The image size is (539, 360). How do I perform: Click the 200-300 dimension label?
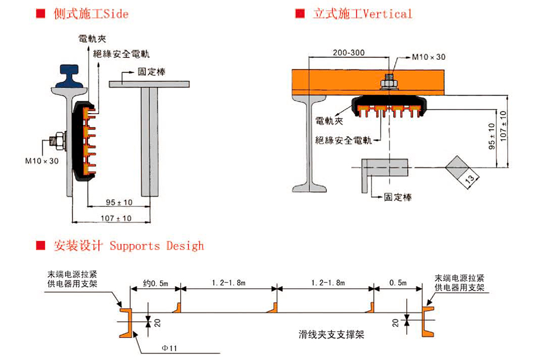tap(348, 52)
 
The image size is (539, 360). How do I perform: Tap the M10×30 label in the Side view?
tap(42, 161)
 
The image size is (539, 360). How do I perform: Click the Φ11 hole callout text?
tap(168, 348)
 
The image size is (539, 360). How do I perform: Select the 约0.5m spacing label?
tap(155, 283)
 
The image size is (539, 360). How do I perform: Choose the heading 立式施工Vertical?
tap(362, 13)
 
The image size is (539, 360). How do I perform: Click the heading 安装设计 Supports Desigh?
tap(128, 245)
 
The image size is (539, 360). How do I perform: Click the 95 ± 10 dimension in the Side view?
tap(119, 202)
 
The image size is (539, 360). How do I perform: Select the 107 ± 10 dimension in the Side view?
tap(116, 219)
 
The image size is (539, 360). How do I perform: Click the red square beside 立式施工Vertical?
tap(300, 13)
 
